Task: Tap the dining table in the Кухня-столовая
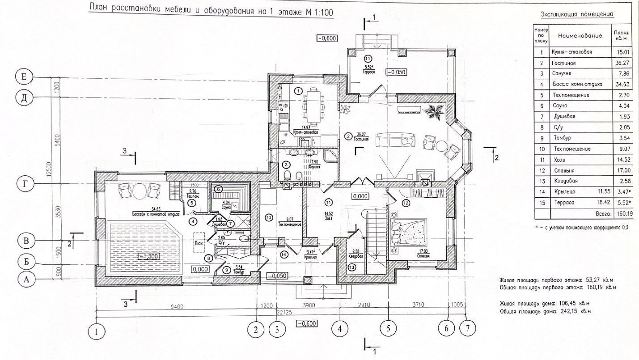(312, 103)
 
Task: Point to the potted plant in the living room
(434, 110)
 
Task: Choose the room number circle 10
(269, 217)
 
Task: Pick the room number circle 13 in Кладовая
(352, 267)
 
